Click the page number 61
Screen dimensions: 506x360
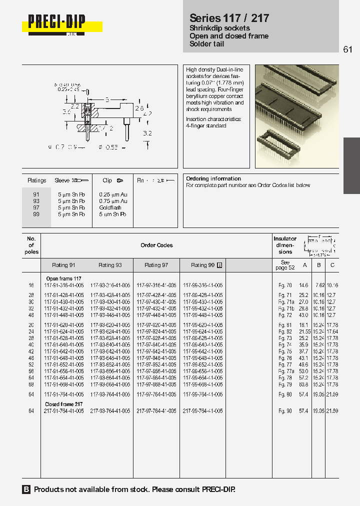[348, 49]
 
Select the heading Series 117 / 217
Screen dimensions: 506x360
[229, 18]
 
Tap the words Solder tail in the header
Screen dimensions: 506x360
[206, 44]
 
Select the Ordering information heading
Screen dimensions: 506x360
[213, 178]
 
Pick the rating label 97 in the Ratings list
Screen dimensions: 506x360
[36, 207]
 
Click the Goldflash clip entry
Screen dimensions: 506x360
[110, 207]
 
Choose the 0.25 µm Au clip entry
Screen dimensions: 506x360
[113, 194]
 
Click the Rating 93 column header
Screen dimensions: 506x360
[110, 265]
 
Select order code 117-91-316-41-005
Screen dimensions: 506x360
[64, 285]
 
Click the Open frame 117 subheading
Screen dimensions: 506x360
[63, 278]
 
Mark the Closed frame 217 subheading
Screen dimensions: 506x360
[64, 404]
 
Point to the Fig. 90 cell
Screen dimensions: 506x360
[284, 410]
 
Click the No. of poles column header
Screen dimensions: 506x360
[31, 245]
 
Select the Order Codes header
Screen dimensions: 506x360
[156, 245]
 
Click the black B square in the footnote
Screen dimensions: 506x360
[26, 489]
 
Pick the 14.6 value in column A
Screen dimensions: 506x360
[303, 285]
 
